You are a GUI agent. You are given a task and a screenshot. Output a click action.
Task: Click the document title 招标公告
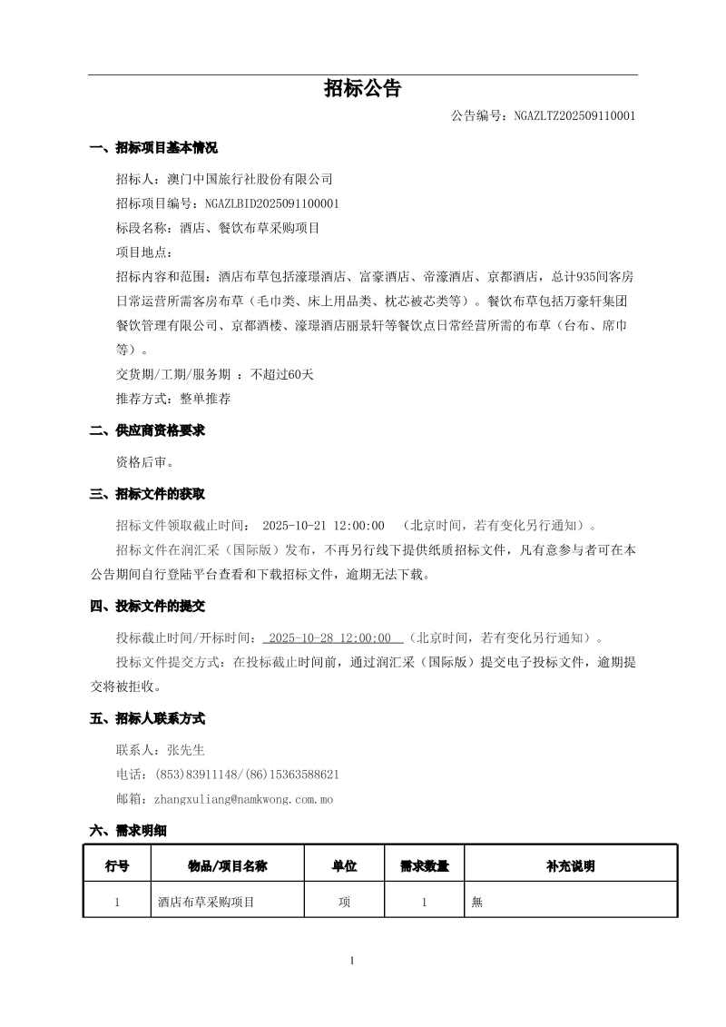coord(362,89)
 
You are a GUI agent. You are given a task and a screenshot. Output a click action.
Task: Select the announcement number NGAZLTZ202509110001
coord(574,116)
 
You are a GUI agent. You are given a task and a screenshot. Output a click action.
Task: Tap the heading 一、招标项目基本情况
coord(153,148)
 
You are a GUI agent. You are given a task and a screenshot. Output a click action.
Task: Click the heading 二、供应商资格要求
coord(147,430)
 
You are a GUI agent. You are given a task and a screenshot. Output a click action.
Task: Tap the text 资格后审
coord(144,462)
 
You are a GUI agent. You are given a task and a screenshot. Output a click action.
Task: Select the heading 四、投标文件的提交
coord(147,606)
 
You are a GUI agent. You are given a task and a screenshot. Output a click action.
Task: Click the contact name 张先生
coord(186,750)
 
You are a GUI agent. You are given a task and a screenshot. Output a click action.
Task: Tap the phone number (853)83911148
coord(197,775)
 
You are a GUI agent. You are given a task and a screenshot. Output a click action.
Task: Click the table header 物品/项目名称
coord(227,866)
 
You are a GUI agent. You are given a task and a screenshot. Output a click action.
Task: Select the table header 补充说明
coord(571,866)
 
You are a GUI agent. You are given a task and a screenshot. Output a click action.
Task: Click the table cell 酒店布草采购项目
coord(206,903)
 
